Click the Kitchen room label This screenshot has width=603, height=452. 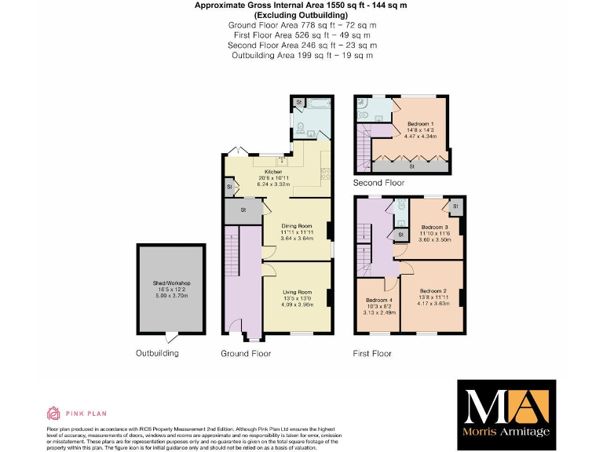pos(272,172)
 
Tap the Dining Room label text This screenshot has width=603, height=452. pos(297,226)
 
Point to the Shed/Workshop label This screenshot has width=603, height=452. pos(171,282)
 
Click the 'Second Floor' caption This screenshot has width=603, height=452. pos(378,183)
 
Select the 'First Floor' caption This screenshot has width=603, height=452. pos(372,353)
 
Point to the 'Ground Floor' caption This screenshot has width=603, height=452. pos(246,353)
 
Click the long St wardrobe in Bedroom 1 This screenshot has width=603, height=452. pos(413,166)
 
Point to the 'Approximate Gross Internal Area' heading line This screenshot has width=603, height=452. pos(301,5)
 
